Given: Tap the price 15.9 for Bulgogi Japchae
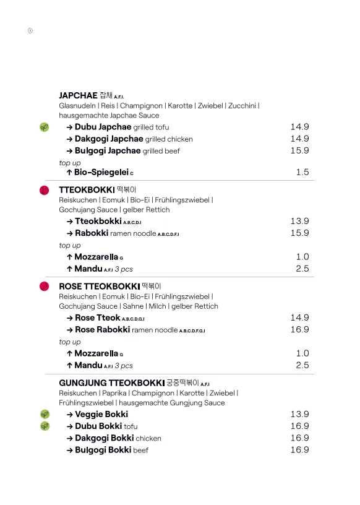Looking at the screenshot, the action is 299,150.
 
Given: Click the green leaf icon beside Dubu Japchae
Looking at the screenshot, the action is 45,127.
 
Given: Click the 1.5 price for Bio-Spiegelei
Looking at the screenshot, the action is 302,172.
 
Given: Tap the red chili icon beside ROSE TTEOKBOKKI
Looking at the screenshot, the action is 45,287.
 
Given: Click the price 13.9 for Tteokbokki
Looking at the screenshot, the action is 299,221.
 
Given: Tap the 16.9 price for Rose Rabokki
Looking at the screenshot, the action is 299,330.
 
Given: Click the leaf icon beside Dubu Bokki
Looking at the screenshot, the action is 45,426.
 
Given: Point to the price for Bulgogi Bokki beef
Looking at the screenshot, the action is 299,450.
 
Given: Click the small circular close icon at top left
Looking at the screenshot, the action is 30,30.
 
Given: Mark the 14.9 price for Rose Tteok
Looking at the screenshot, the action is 299,317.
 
